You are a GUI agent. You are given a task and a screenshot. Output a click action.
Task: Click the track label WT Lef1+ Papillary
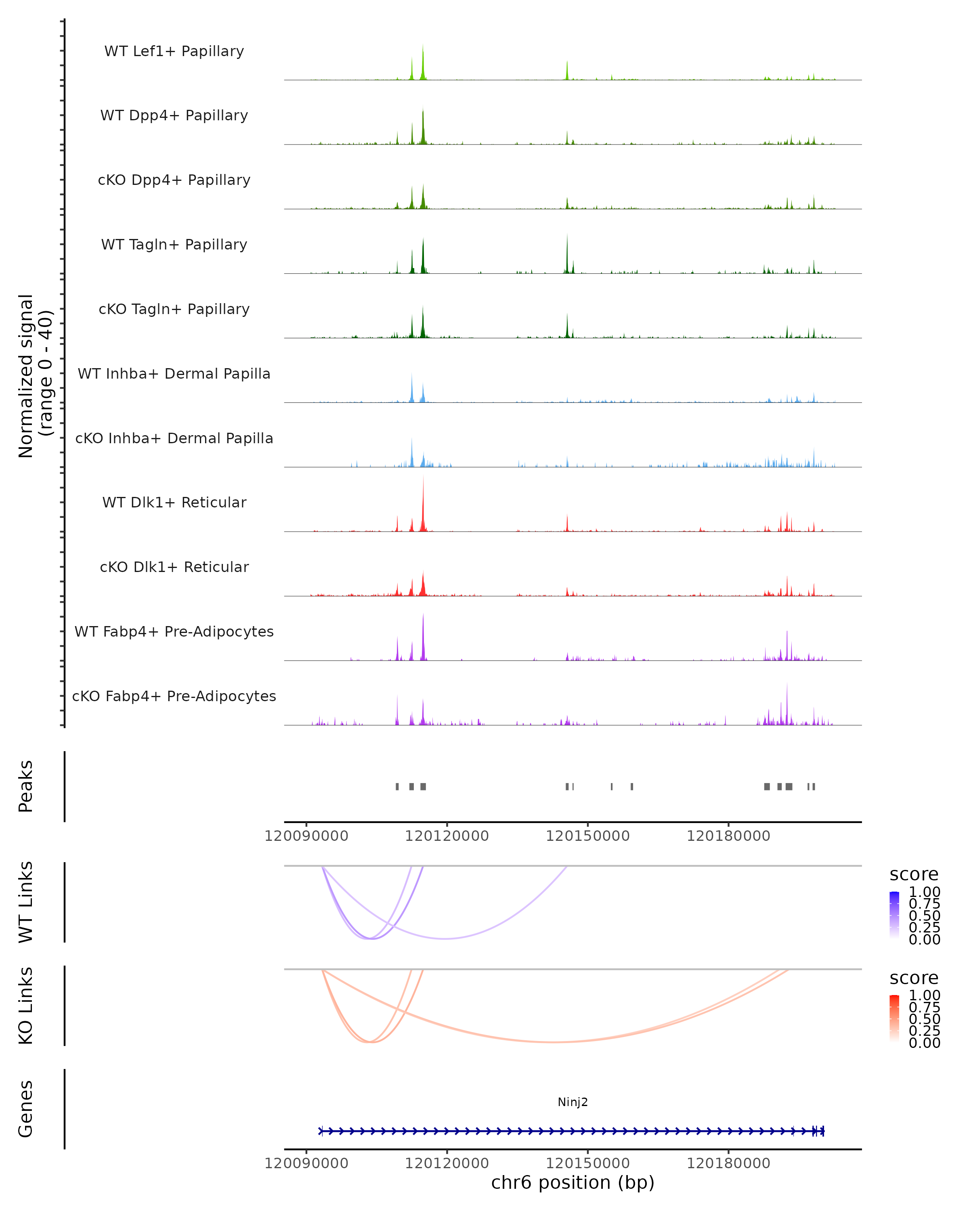(174, 51)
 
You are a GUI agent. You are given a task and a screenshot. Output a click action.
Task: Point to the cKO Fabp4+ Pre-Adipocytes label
(174, 696)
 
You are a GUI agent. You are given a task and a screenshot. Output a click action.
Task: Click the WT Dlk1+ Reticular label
(174, 502)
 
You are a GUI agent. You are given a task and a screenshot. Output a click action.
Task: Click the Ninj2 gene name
(573, 1102)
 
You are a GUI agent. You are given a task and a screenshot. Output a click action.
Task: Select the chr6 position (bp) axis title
(573, 1182)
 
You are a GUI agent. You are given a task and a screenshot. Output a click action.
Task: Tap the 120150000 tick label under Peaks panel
(587, 836)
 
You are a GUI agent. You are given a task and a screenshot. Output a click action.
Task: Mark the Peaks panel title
(26, 786)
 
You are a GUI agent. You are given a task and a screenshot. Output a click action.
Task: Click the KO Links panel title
(26, 1006)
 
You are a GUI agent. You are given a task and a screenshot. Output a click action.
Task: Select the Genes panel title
(26, 1109)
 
